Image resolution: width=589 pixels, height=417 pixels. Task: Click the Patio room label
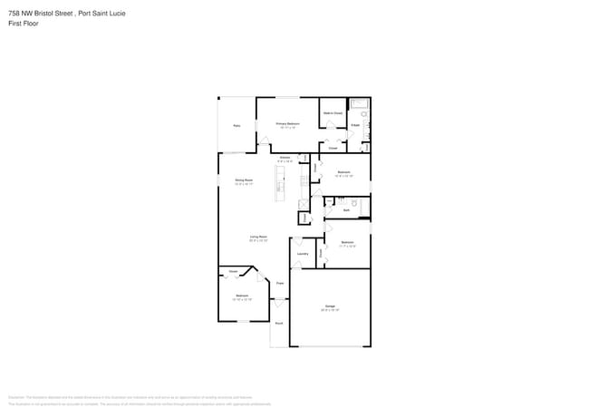tap(237, 126)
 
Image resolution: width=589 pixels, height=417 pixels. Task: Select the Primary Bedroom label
tap(287, 123)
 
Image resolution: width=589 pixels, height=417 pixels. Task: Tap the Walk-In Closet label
tap(333, 113)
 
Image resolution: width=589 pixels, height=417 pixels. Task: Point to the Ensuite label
tap(355, 125)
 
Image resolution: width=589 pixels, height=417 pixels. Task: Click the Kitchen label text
tap(285, 158)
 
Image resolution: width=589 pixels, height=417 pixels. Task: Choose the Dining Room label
tap(244, 180)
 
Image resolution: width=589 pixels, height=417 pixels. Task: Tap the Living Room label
tap(258, 237)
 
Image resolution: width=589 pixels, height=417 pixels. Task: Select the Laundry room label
tap(303, 254)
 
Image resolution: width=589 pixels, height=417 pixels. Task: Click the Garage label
tap(330, 306)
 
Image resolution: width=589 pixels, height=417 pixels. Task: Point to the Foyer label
tap(280, 284)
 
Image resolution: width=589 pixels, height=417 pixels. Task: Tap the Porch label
tap(279, 323)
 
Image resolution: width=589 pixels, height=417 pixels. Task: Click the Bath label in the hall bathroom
tap(346, 210)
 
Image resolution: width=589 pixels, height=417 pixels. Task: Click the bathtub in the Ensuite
tap(359, 103)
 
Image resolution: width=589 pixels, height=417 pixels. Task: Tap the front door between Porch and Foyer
tap(280, 302)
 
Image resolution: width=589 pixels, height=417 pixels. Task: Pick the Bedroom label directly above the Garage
tap(347, 242)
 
